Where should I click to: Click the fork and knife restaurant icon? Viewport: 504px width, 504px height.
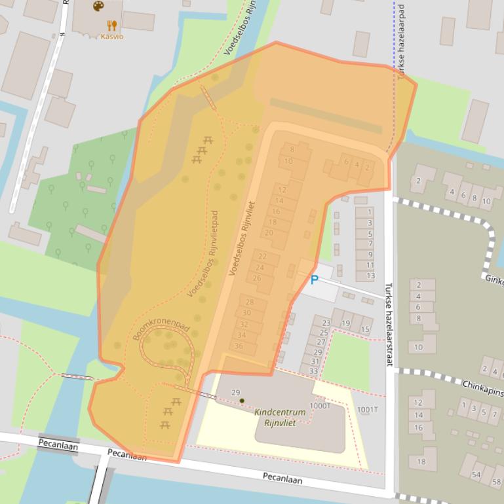point(112,25)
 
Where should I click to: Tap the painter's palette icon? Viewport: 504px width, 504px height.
point(98,6)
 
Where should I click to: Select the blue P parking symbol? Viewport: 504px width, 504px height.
point(314,279)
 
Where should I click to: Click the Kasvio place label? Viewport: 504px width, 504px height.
point(111,37)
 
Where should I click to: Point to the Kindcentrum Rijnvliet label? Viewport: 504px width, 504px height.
point(280,417)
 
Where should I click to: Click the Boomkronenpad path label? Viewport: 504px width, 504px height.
point(157,324)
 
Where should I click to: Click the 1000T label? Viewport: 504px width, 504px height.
point(320,406)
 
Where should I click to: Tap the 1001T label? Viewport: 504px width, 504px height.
point(367,410)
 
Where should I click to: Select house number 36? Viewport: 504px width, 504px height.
point(239,346)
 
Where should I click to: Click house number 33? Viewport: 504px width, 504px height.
point(313,371)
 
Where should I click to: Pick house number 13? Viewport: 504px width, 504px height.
point(370,276)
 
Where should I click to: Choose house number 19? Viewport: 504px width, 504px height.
point(345,323)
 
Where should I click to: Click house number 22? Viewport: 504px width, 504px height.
point(262,256)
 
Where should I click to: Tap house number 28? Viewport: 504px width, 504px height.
point(249,302)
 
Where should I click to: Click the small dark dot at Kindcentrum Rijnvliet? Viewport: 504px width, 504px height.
point(242,401)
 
